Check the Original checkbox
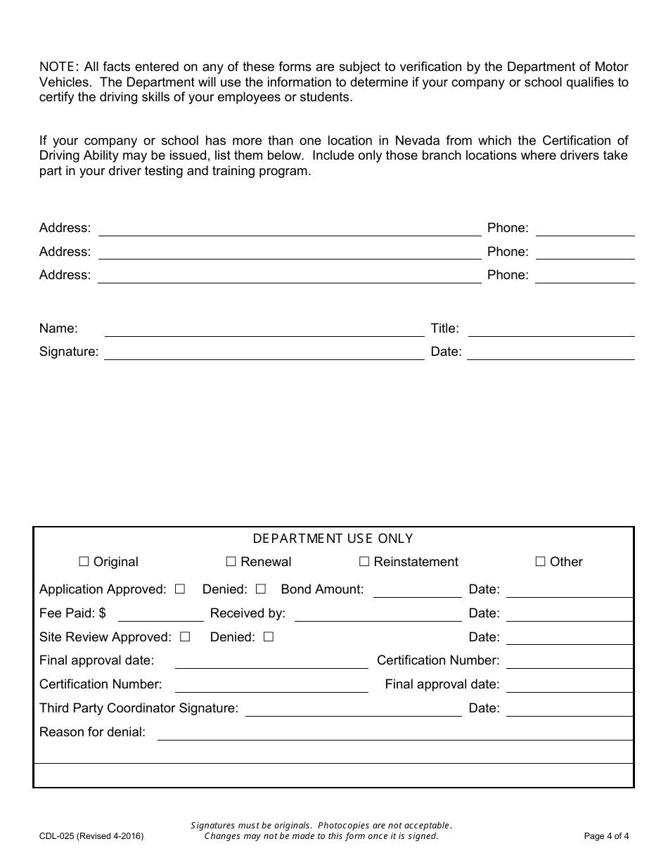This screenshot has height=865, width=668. click(84, 562)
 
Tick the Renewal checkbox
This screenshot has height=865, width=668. click(231, 562)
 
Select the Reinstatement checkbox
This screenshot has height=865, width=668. click(364, 562)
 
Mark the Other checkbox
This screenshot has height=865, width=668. click(540, 562)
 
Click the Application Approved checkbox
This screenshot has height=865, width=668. click(180, 589)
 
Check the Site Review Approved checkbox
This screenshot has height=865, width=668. click(185, 637)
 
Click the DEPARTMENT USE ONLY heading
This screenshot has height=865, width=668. click(333, 539)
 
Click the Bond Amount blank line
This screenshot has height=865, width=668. click(417, 591)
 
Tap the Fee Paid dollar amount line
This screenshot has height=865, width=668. click(160, 615)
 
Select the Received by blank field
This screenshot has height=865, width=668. click(378, 615)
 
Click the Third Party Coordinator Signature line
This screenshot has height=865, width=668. click(353, 710)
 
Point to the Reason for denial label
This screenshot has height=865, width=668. click(92, 732)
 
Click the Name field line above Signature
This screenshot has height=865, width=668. click(264, 330)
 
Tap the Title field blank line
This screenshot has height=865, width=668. click(551, 330)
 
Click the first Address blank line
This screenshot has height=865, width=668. click(289, 229)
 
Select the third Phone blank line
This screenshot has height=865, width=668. click(584, 276)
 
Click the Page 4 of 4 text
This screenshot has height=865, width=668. click(606, 836)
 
